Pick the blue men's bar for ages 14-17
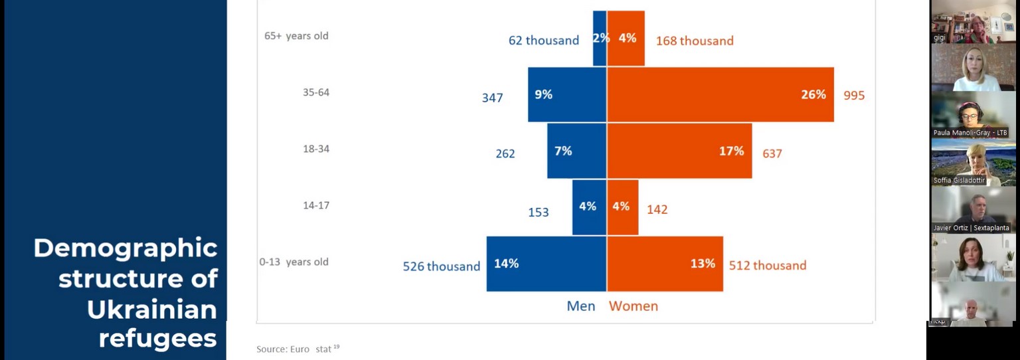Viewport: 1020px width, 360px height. (589, 207)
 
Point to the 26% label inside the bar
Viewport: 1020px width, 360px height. (813, 95)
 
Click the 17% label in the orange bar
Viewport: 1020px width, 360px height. (730, 151)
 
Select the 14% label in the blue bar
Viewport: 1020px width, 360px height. (506, 264)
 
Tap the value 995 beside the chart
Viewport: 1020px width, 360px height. (854, 96)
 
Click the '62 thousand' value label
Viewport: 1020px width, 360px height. (543, 41)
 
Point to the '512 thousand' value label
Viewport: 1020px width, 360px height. (767, 266)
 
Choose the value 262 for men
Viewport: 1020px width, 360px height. (505, 154)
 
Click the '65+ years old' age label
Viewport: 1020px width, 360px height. (296, 36)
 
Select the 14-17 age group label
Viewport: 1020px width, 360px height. (316, 206)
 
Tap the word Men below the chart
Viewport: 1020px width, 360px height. (580, 306)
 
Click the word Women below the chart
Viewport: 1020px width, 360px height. (634, 306)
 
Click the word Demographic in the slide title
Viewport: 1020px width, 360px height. (126, 248)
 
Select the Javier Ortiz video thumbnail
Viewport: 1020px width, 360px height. (973, 210)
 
